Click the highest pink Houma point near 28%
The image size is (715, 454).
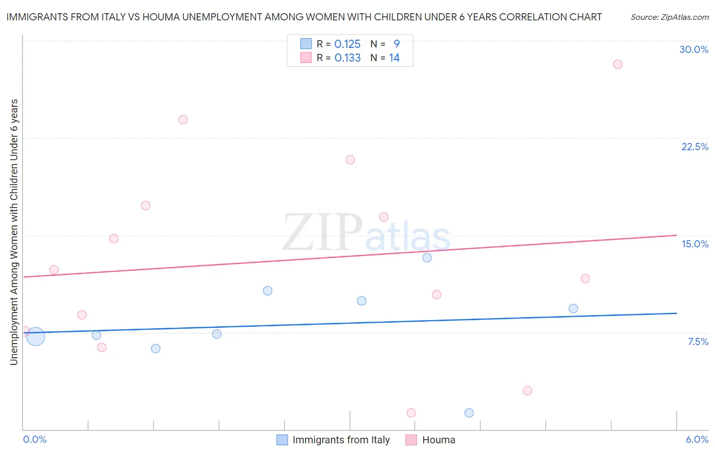click(617, 64)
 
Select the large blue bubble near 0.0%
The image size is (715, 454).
click(35, 336)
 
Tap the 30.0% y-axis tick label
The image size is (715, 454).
click(694, 49)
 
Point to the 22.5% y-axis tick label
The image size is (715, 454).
click(695, 147)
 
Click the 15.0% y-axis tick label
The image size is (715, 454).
click(695, 244)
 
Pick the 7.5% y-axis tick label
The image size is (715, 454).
click(698, 342)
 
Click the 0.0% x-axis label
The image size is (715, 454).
click(35, 439)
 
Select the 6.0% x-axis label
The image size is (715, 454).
click(697, 439)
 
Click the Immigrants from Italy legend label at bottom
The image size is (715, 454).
click(341, 440)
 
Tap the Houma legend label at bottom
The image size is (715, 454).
click(438, 440)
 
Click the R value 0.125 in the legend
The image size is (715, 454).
click(347, 44)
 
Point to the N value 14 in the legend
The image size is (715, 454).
click(394, 58)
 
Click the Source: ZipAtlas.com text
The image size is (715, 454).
click(669, 17)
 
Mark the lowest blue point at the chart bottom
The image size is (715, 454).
click(469, 413)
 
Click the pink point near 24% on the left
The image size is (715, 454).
click(183, 120)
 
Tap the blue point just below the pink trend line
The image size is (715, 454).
click(427, 258)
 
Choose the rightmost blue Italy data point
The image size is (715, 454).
click(573, 308)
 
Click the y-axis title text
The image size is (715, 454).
click(14, 232)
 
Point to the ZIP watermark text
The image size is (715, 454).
click(322, 233)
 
